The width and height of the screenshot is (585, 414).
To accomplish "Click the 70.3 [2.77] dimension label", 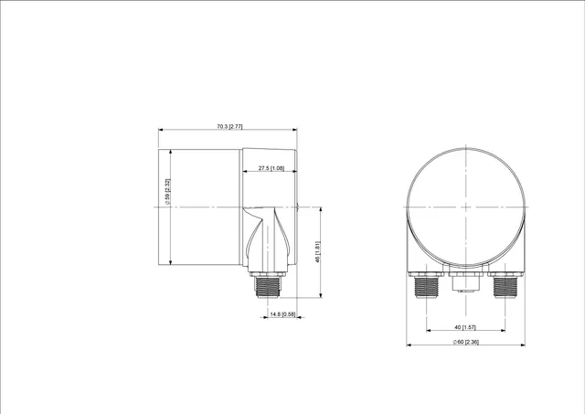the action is (229, 126).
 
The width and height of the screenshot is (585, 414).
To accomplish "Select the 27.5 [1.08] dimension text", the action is (271, 168).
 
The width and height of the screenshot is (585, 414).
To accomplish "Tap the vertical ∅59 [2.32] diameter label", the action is (167, 192).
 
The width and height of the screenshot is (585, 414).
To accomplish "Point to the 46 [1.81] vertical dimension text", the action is (318, 251).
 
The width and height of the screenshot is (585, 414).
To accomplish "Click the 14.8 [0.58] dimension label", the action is (282, 314).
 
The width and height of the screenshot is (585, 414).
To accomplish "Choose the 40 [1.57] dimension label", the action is (465, 327).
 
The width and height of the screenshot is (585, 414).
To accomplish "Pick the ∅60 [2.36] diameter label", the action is (465, 342).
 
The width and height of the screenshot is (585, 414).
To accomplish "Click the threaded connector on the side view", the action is (268, 287).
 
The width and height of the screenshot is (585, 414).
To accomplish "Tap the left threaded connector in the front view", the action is (426, 287).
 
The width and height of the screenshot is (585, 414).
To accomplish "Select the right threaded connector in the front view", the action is (505, 287).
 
